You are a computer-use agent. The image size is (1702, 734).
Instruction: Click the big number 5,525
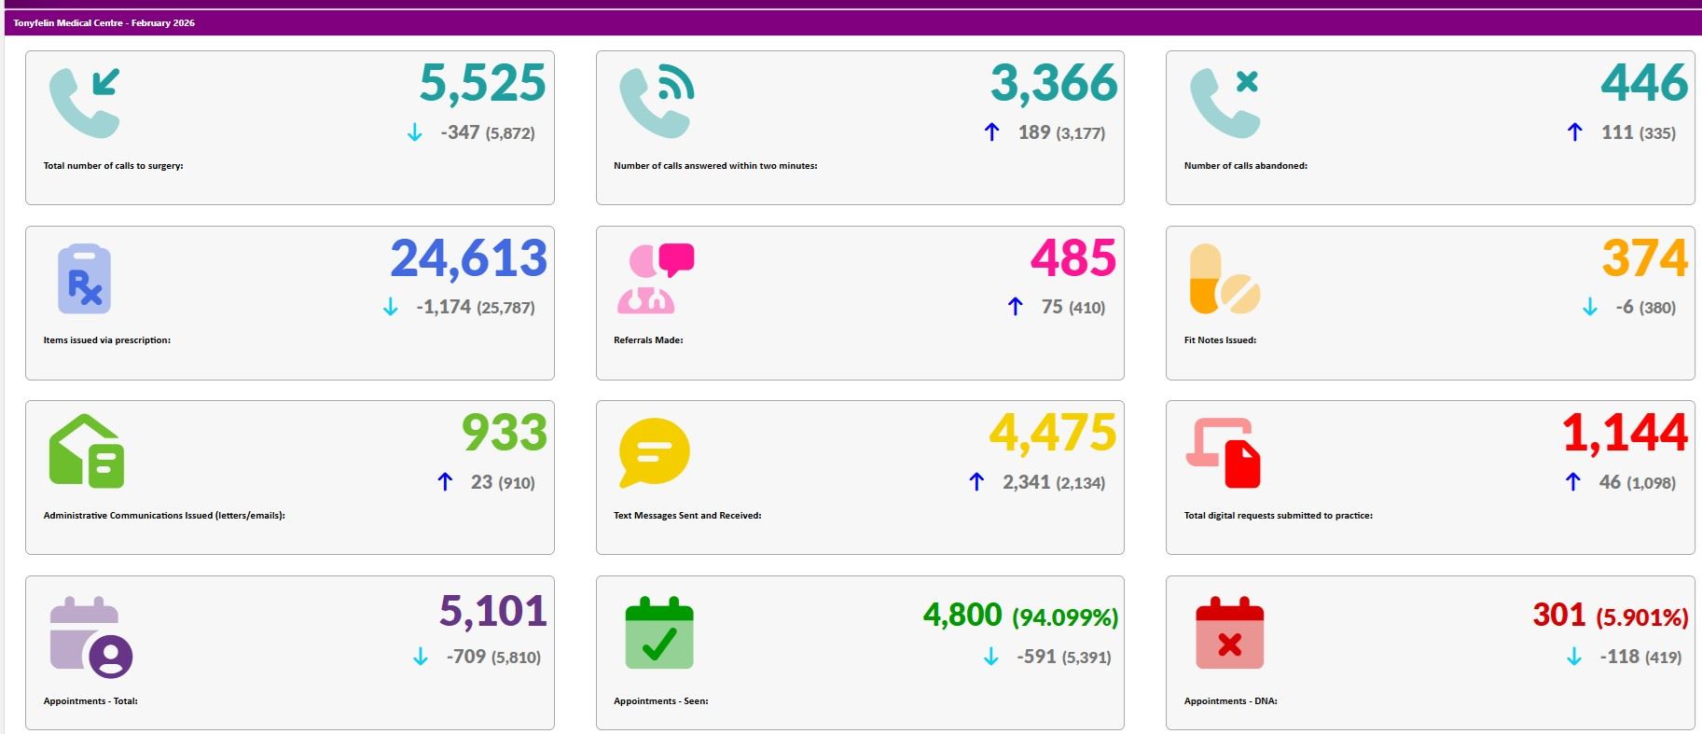click(x=482, y=84)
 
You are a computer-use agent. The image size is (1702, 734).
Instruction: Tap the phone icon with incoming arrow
click(x=85, y=103)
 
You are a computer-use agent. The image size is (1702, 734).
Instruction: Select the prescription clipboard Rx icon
click(x=84, y=279)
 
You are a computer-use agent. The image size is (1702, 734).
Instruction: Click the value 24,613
click(x=468, y=259)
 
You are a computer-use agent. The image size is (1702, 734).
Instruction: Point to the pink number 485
click(x=1072, y=259)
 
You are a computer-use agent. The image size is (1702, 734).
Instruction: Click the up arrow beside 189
click(x=992, y=132)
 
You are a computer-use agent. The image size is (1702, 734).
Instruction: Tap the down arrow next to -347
click(x=415, y=133)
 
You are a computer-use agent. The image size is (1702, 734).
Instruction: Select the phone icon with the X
click(x=1225, y=103)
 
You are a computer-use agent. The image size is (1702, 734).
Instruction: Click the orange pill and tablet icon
click(x=1224, y=279)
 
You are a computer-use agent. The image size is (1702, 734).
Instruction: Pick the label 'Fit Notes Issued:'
click(x=1220, y=340)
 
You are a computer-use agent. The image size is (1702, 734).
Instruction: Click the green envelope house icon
click(x=86, y=451)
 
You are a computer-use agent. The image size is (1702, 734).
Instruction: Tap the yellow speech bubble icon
click(x=654, y=452)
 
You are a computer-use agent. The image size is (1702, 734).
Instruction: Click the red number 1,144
click(x=1625, y=434)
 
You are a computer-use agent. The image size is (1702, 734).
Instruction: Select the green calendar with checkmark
click(x=659, y=633)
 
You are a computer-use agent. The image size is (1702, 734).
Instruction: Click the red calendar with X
click(x=1229, y=633)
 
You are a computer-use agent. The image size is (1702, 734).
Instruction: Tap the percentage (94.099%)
click(x=1065, y=617)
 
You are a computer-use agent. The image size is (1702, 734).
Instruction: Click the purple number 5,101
click(x=492, y=612)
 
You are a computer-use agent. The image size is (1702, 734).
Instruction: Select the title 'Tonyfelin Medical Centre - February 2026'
click(x=104, y=22)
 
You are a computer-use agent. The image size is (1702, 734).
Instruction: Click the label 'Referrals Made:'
click(x=648, y=340)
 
